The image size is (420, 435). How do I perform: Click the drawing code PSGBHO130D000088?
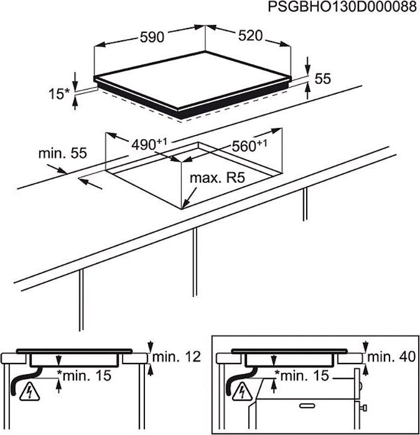[x=342, y=7]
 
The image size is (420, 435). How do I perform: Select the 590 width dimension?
[x=151, y=37]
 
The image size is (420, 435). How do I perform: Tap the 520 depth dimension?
[x=250, y=36]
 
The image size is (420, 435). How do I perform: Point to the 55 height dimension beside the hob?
[x=322, y=79]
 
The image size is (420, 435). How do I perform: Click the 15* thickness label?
[x=59, y=94]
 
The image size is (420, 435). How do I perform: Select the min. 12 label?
[x=177, y=357]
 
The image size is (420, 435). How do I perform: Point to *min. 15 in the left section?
[x=86, y=375]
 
